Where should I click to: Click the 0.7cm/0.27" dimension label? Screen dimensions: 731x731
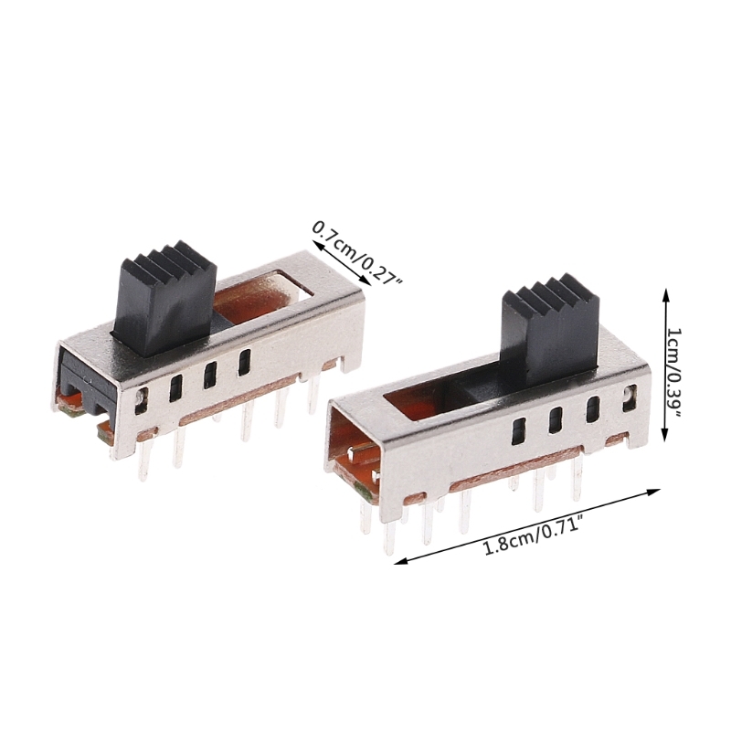(x=357, y=253)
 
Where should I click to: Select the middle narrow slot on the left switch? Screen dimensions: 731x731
(x=210, y=375)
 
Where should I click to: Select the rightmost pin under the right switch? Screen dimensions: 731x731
(x=577, y=480)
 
